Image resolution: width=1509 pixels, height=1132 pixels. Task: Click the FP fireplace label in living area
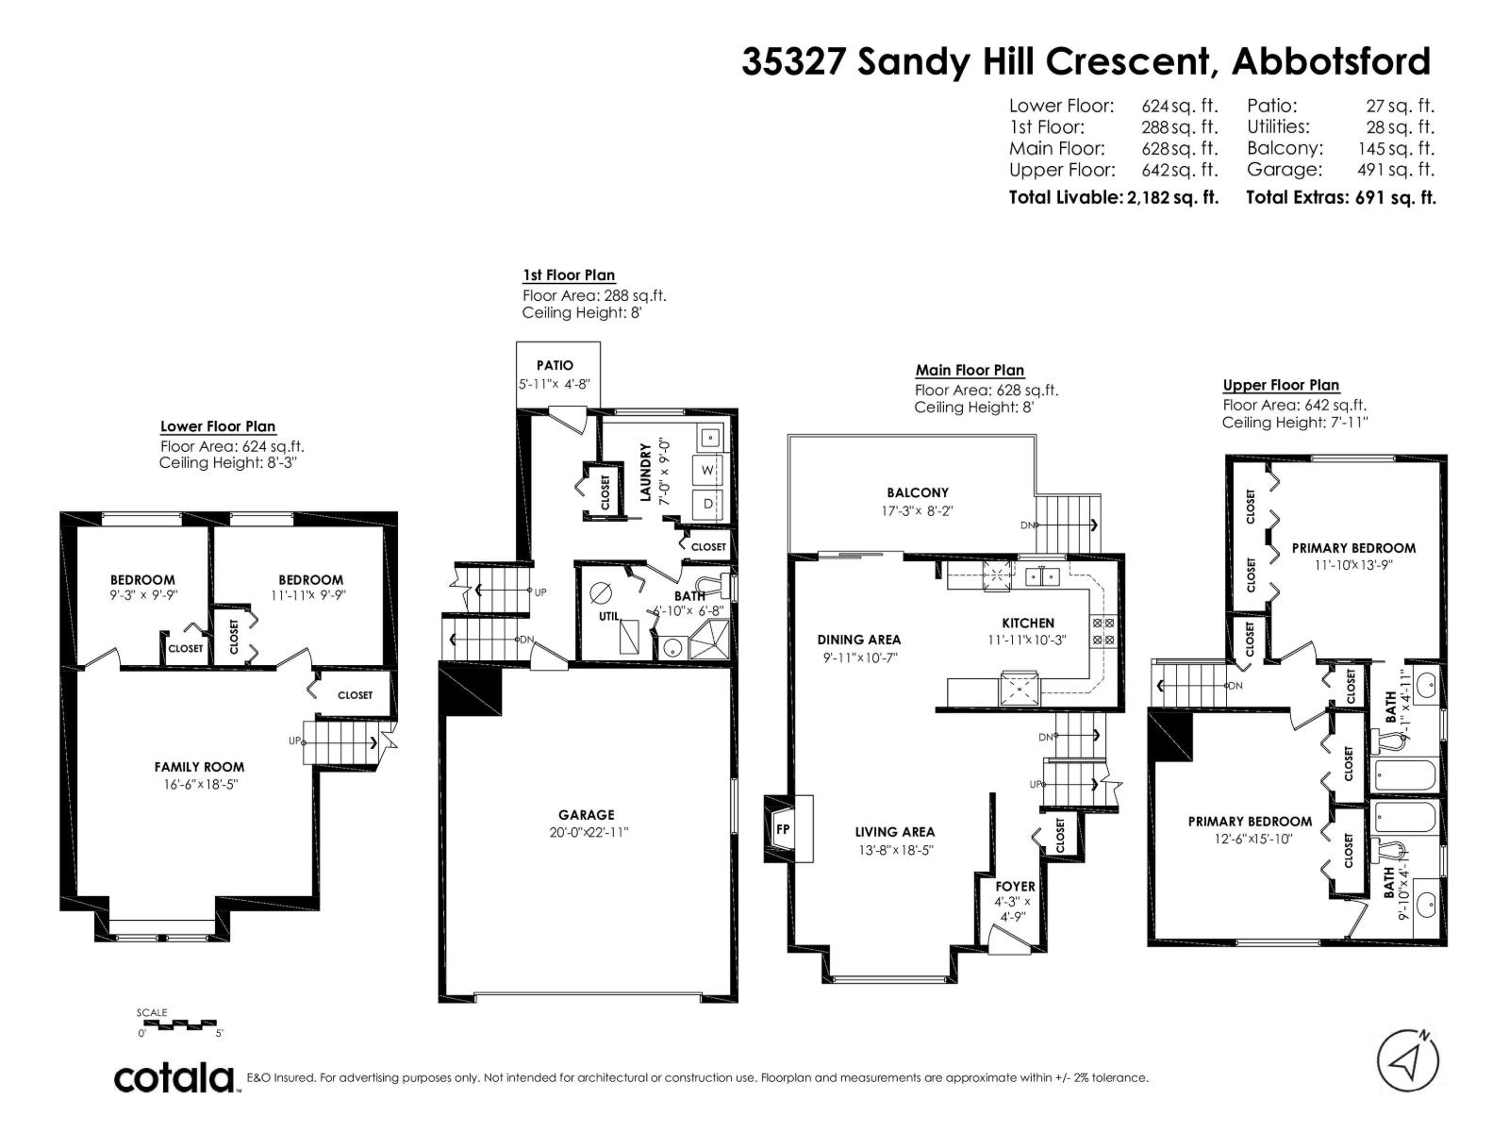pos(783,830)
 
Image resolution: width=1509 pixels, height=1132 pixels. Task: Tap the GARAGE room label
pos(586,815)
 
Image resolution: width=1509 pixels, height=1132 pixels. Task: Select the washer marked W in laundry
pos(707,470)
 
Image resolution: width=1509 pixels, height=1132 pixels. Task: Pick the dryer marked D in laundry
pos(707,504)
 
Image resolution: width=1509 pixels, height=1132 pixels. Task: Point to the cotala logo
pos(175,1077)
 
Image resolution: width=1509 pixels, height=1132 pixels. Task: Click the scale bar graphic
pos(177,1024)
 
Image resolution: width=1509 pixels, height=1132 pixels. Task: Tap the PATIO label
pos(555,365)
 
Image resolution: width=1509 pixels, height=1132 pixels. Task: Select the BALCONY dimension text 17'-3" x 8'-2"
pos(918,511)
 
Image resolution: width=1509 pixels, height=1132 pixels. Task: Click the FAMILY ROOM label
pos(199,767)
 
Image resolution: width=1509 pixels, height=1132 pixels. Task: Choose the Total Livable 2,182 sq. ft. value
pos(1172,197)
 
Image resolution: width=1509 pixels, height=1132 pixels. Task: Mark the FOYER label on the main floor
pos(1015,886)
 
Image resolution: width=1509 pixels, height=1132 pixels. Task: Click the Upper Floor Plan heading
pos(1281,385)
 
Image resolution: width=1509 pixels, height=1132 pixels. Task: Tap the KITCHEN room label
pos(1028,623)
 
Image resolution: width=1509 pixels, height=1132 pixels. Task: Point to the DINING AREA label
pos(858,640)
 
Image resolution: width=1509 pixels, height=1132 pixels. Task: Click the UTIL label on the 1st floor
pos(608,616)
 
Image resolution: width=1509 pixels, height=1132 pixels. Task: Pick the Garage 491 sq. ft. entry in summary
pos(1339,170)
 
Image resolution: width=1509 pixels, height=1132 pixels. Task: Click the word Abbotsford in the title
pos(1332,61)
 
